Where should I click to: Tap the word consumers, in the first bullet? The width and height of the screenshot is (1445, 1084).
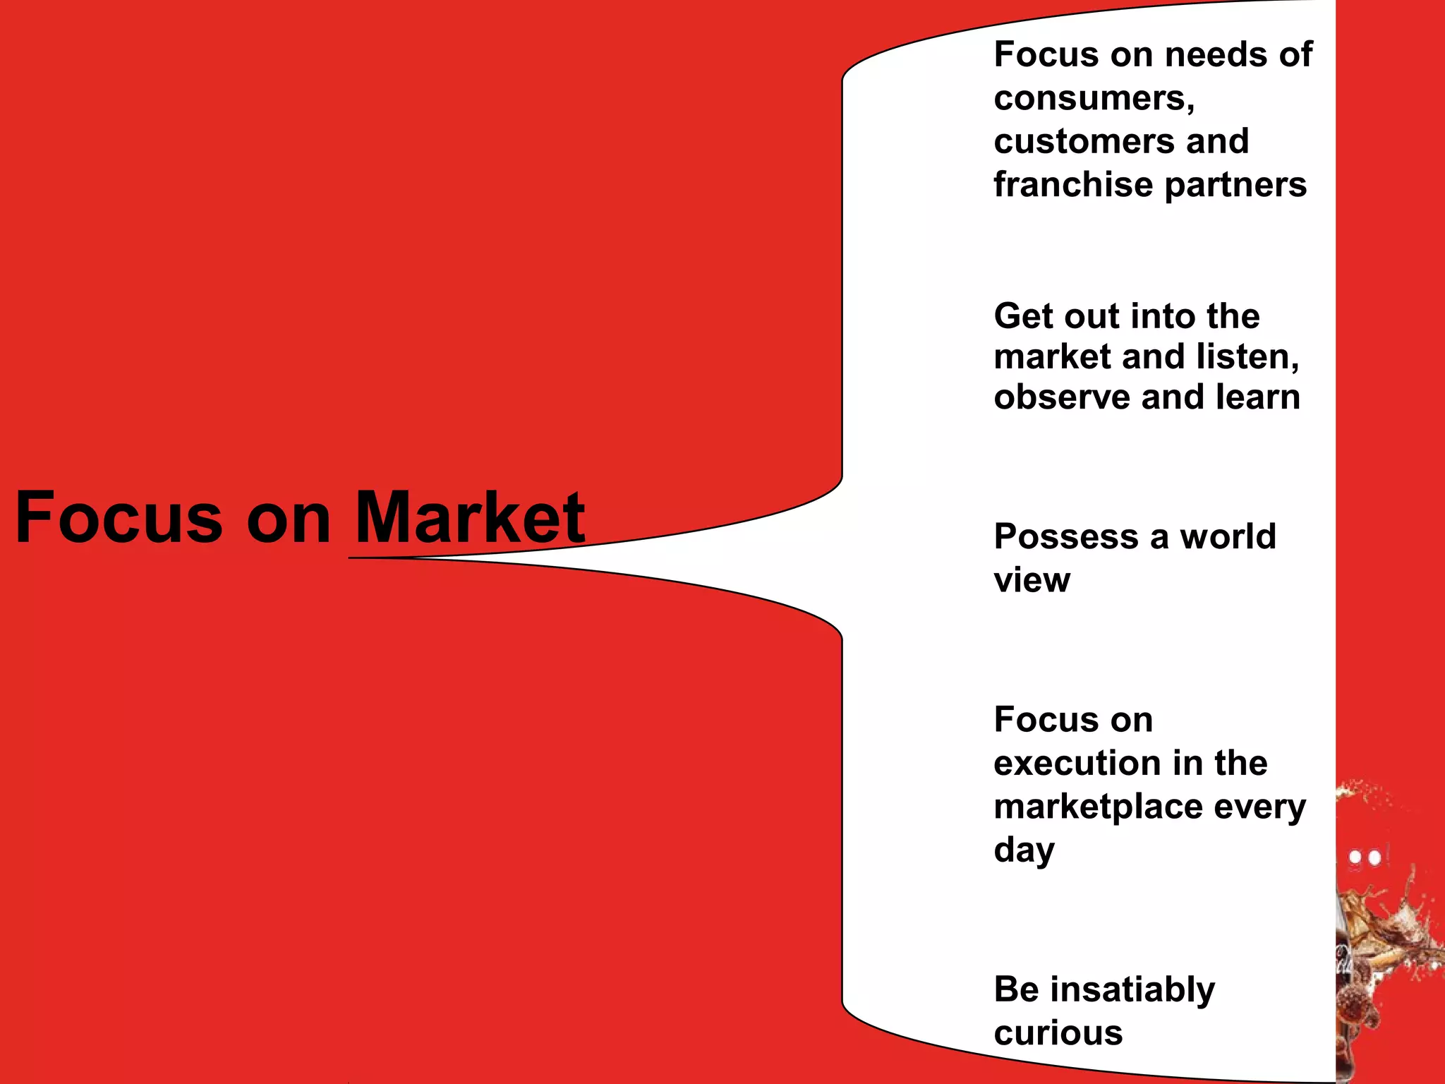pos(1094,98)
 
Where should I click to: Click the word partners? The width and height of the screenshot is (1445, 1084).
pos(1235,186)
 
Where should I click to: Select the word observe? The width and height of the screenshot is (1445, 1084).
pos(1061,397)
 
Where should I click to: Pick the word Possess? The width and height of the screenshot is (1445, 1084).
pos(1066,537)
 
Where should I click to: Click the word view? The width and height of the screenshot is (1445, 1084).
pos(1032,580)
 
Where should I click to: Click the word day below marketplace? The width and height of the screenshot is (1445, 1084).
pos(1024,851)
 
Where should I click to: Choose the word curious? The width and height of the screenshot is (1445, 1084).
pos(1058,1033)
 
